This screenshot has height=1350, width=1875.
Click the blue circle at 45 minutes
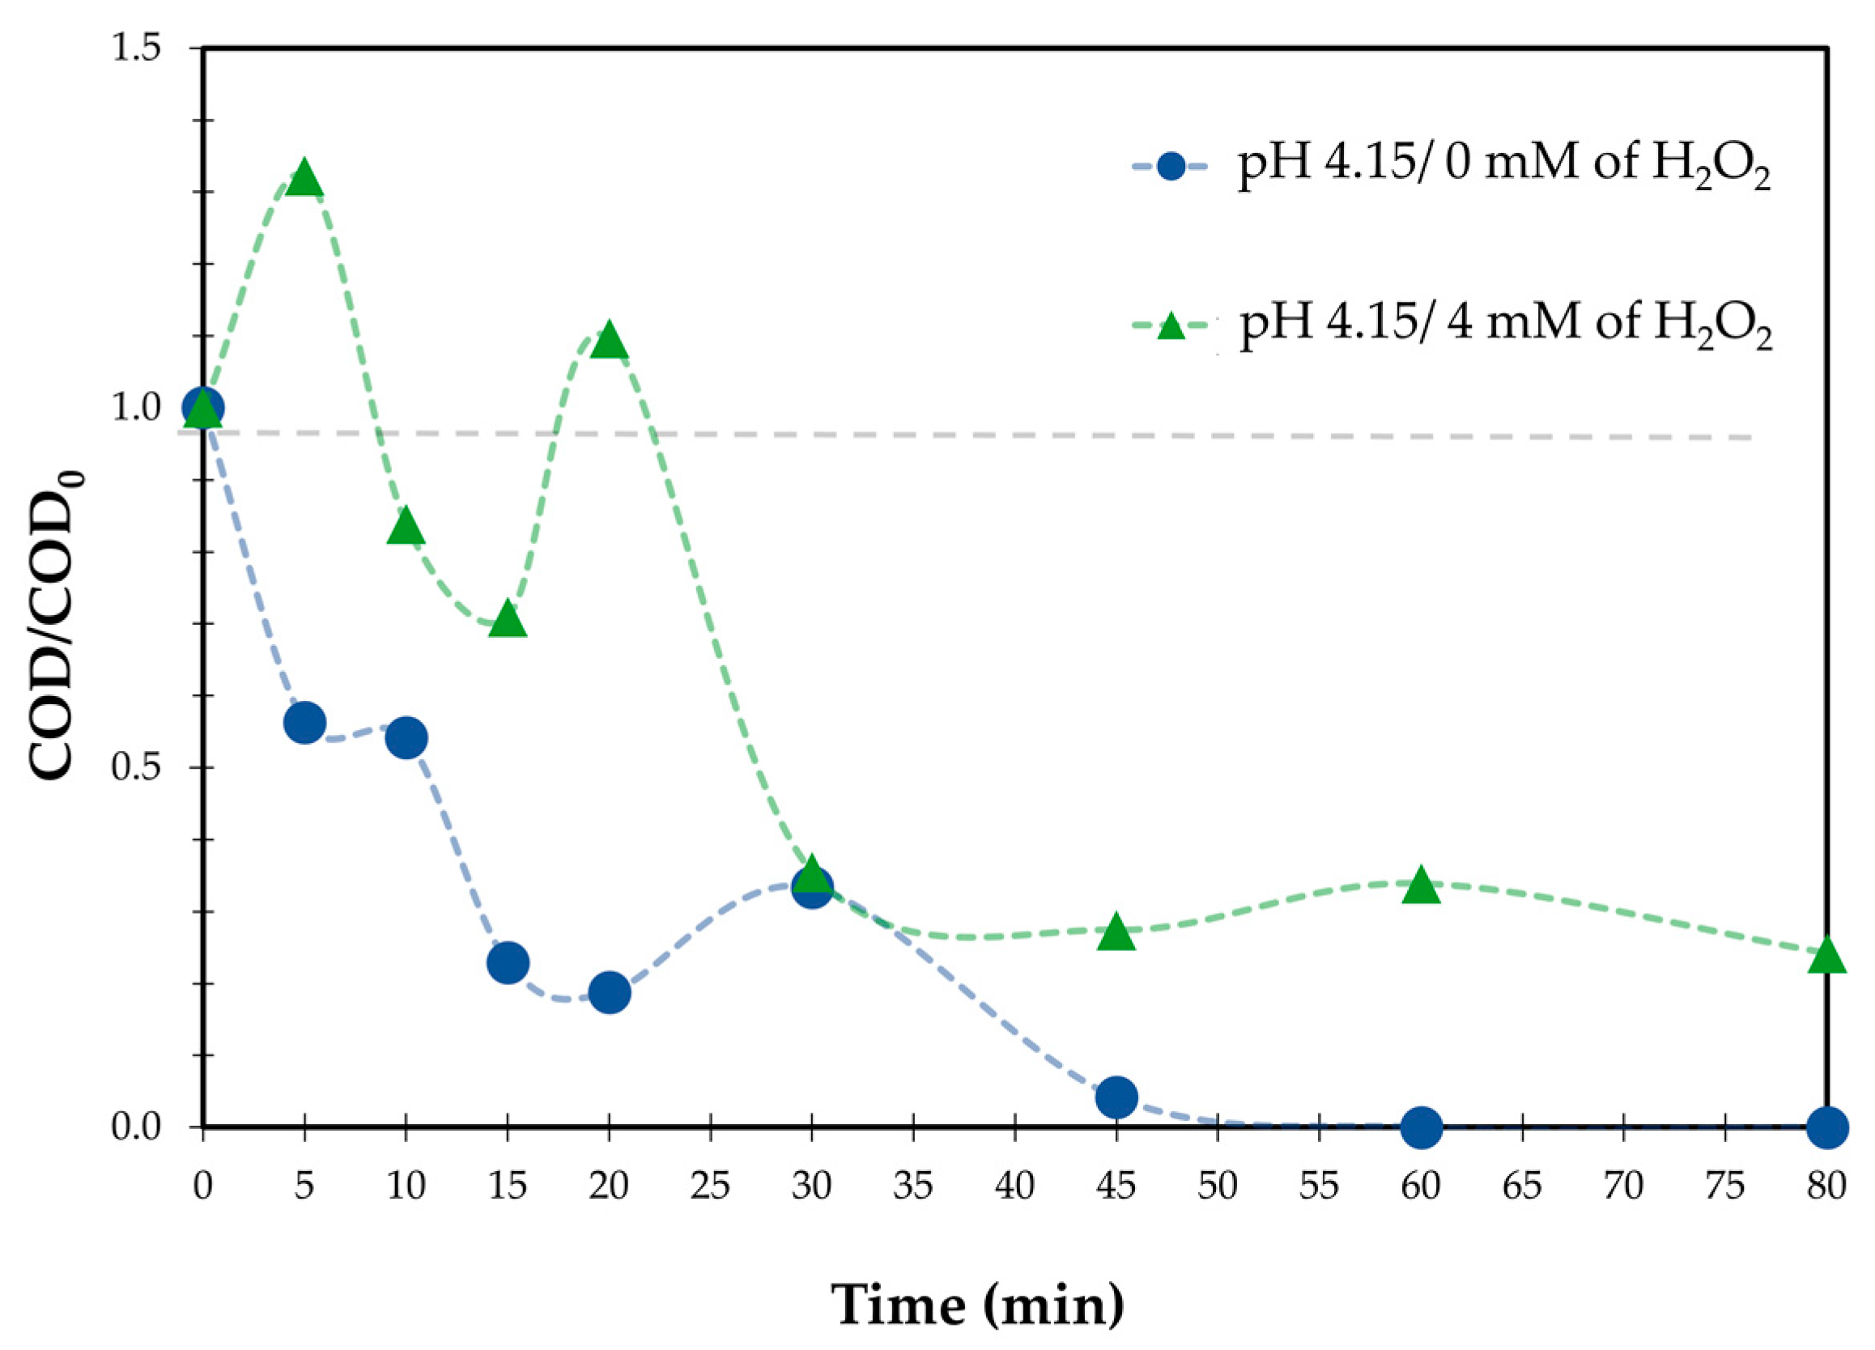[1116, 1097]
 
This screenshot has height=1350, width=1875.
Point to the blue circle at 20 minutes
[610, 991]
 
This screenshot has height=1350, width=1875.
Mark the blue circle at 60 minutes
[1421, 1127]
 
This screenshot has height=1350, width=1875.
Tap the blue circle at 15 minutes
[508, 962]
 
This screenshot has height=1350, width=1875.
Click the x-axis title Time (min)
[978, 1304]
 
